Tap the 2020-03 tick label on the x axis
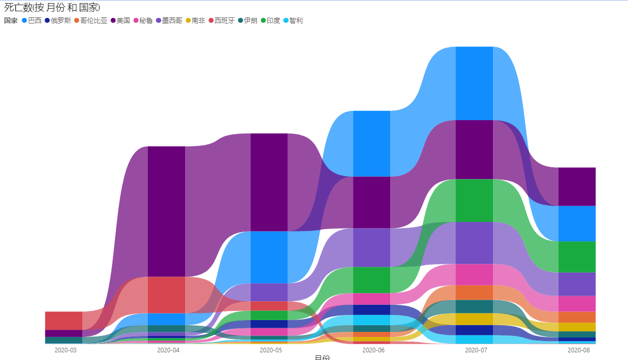pyautogui.click(x=65, y=350)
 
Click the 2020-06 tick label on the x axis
pyautogui.click(x=373, y=350)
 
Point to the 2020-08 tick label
pyautogui.click(x=578, y=350)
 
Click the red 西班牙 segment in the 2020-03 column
pyautogui.click(x=63, y=321)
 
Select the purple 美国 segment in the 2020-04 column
pyautogui.click(x=166, y=211)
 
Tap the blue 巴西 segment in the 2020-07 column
pyautogui.click(x=474, y=83)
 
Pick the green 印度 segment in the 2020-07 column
pyautogui.click(x=474, y=200)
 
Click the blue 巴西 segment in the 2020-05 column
pyautogui.click(x=269, y=257)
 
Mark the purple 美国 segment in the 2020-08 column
pyautogui.click(x=577, y=187)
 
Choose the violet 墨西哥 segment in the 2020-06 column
pyautogui.click(x=372, y=247)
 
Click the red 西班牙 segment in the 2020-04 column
pyautogui.click(x=166, y=295)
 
